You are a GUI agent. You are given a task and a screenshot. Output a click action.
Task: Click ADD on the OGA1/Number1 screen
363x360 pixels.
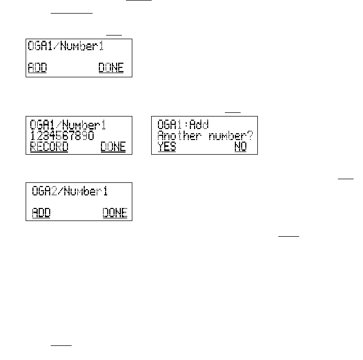pos(37,68)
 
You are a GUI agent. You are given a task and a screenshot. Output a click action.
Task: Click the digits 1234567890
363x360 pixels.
pos(62,136)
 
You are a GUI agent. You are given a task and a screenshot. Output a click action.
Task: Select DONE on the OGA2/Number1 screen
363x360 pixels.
pos(115,213)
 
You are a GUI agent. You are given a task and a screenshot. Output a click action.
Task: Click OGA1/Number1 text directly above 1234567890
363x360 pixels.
pos(69,125)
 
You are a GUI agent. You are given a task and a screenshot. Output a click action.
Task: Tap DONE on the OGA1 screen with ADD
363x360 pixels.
pos(111,68)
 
